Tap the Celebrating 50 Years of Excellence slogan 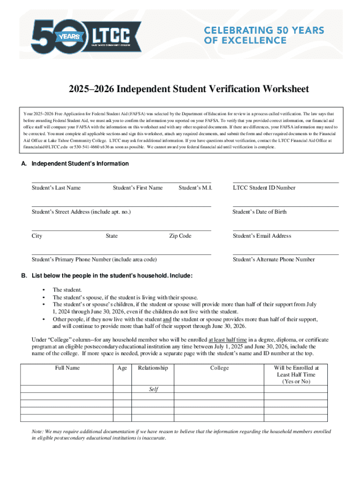pos(264,35)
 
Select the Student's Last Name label pos(56,188)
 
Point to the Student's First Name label pos(137,188)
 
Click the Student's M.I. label pos(195,188)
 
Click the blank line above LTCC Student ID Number pos(285,182)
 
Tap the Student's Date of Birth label pos(259,212)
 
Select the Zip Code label pos(180,236)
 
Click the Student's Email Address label pos(262,236)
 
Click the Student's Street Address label pos(81,212)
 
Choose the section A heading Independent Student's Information pos(80,164)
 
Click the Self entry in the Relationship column pos(153,389)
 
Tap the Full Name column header pos(67,368)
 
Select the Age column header pos(122,368)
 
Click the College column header pos(219,368)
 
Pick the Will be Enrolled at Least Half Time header pos(296,375)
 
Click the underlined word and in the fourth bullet pos(167,319)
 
